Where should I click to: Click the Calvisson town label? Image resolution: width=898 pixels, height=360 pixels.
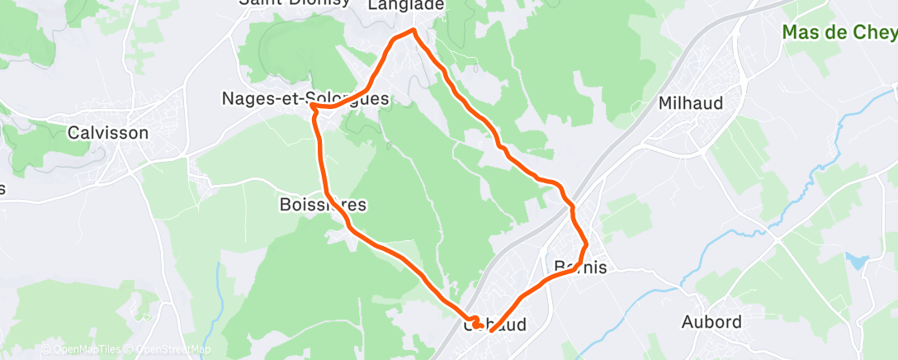pos(108,132)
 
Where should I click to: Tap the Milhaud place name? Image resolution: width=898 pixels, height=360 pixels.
pos(690,103)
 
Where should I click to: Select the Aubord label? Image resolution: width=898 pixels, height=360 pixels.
pos(711,321)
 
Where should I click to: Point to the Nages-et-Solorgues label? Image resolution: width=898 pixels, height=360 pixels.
pos(305,98)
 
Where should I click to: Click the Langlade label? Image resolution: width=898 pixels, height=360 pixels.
pos(405,5)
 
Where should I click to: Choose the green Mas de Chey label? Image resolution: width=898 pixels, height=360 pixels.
pos(839,32)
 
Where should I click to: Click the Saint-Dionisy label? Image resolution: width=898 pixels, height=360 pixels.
pos(286,2)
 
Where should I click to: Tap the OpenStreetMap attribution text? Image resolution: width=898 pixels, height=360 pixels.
pos(168,350)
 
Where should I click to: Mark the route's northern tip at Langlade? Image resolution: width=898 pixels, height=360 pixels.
pos(413,31)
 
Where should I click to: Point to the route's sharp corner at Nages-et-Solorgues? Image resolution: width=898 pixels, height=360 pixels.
pos(312,106)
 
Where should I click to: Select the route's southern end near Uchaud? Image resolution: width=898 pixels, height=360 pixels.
pos(491,330)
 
